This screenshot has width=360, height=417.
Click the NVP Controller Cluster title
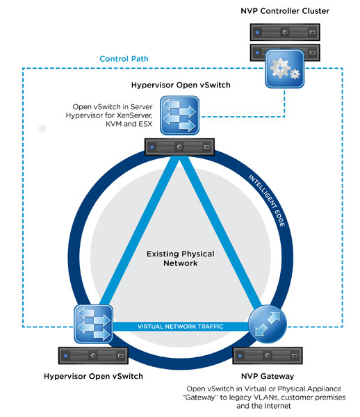click(x=286, y=11)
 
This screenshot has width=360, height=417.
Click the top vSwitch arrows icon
click(x=179, y=115)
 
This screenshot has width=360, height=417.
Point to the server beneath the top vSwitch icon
click(x=179, y=147)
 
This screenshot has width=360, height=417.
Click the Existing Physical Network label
click(x=179, y=259)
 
